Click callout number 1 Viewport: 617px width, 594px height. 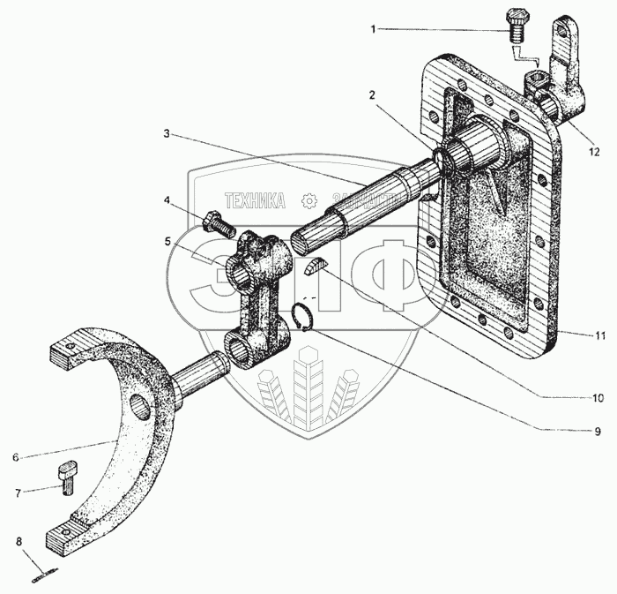(373, 29)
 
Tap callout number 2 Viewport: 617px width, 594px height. (373, 94)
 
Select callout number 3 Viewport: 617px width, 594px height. (166, 135)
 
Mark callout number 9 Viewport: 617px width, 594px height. (597, 432)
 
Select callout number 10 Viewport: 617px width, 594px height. (597, 397)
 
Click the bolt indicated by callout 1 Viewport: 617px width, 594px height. (515, 26)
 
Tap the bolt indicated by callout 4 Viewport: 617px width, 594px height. (216, 222)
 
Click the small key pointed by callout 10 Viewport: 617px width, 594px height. (316, 266)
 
